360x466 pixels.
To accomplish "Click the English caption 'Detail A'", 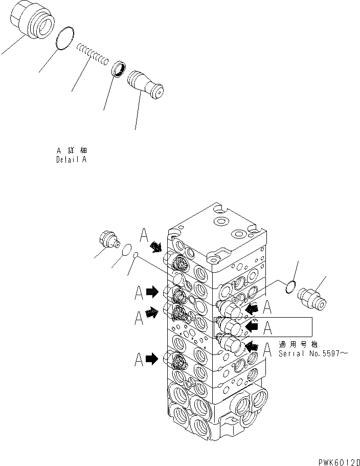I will tap(71, 160).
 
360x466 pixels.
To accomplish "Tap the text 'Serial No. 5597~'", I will tap(309, 353).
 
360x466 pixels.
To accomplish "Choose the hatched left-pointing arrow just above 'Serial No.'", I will tap(252, 347).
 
